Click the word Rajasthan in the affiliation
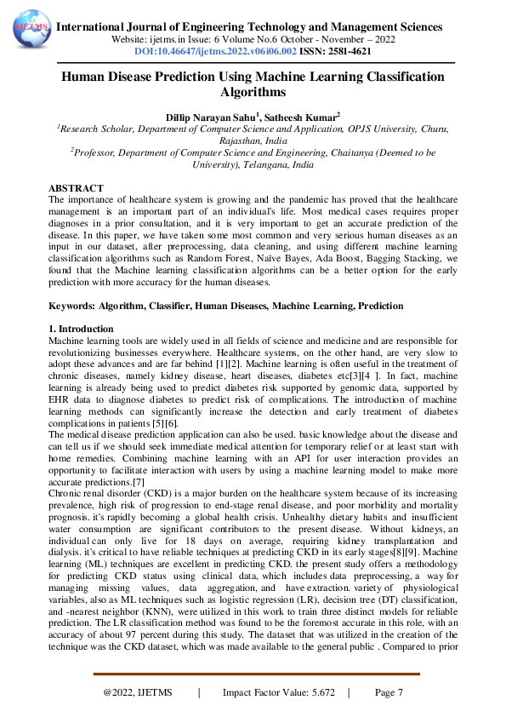click(232, 141)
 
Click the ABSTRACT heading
click(76, 188)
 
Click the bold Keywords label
click(71, 305)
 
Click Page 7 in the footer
click(388, 692)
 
